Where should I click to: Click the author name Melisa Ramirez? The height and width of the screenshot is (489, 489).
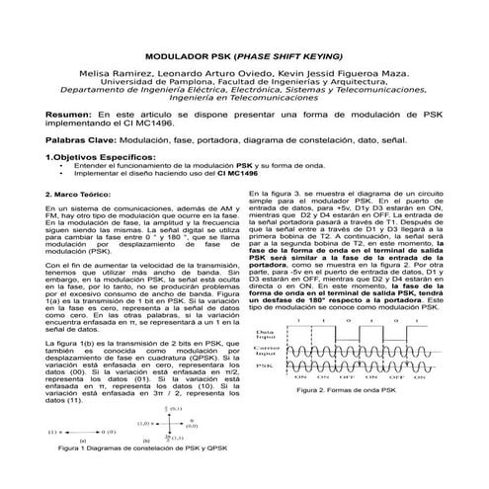tap(107, 74)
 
